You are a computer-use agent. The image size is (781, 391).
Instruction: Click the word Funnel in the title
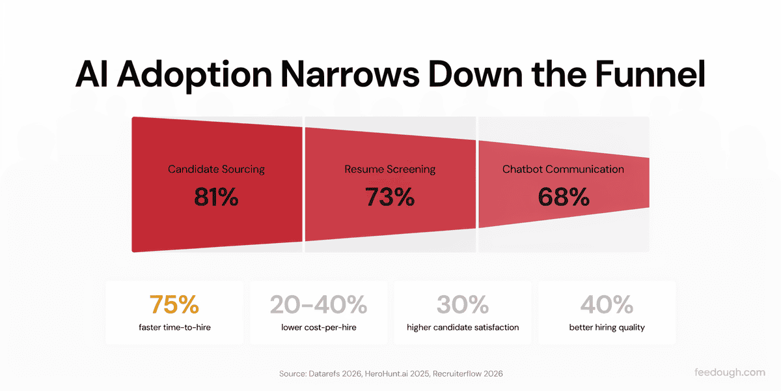click(x=650, y=74)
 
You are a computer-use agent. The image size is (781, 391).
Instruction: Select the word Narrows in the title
click(x=350, y=74)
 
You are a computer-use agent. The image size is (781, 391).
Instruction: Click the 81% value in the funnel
click(x=216, y=197)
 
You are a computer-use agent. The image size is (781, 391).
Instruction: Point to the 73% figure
click(x=390, y=197)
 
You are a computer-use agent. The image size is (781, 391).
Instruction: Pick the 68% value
click(x=564, y=197)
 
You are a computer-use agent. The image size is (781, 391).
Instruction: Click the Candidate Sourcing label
click(x=216, y=169)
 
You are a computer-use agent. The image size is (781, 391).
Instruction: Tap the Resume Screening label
click(x=390, y=169)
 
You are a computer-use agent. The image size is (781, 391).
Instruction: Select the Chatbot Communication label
click(x=563, y=169)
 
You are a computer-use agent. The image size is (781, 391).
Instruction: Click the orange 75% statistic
click(x=174, y=304)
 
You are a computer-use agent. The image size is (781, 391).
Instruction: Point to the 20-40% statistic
click(x=319, y=304)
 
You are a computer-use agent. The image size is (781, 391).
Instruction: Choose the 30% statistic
click(x=463, y=304)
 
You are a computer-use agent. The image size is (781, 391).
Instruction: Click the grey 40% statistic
click(x=607, y=304)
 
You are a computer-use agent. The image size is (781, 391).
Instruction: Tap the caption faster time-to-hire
click(x=174, y=327)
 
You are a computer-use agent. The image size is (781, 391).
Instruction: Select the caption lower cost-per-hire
click(x=319, y=327)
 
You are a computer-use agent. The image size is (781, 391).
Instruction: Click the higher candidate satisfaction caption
click(x=463, y=327)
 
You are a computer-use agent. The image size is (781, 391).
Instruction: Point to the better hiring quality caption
click(x=607, y=327)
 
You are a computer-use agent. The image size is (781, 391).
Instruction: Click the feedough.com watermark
click(x=730, y=373)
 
